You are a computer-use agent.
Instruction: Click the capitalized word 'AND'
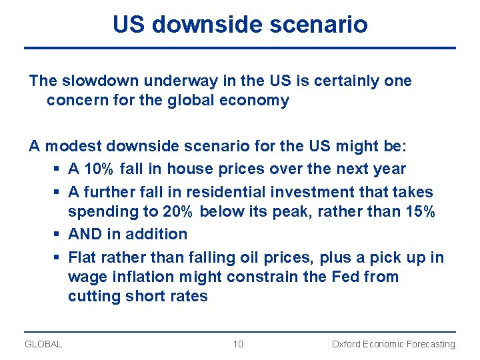[83, 234]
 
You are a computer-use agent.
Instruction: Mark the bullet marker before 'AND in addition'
[57, 235]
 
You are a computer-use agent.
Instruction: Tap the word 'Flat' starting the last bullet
[83, 257]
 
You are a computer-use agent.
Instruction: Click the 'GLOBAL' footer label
[43, 344]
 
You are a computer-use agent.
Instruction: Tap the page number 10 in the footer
[238, 344]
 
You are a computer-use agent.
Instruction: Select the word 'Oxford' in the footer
[347, 344]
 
